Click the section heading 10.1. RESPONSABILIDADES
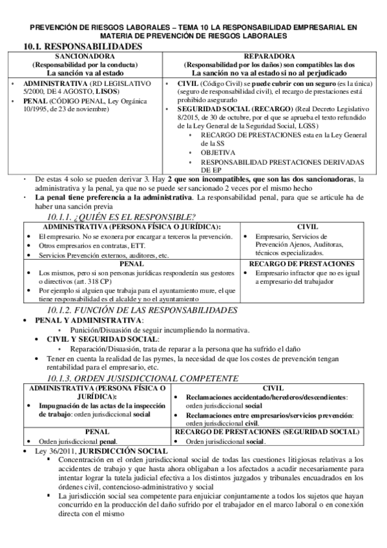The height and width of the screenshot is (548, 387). [82, 47]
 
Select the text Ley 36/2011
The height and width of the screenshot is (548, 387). [52, 450]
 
